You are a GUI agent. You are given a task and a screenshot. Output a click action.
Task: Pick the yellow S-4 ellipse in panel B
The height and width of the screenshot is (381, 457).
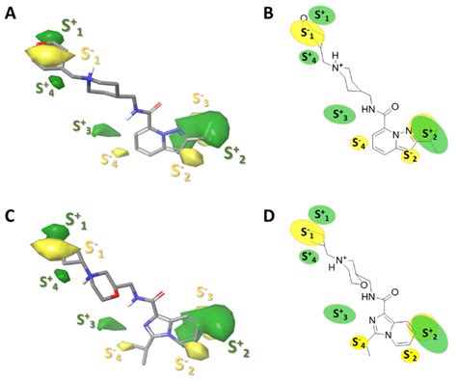[x=360, y=144]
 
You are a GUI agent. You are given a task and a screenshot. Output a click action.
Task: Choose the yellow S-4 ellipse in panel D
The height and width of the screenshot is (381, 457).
[x=360, y=340]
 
